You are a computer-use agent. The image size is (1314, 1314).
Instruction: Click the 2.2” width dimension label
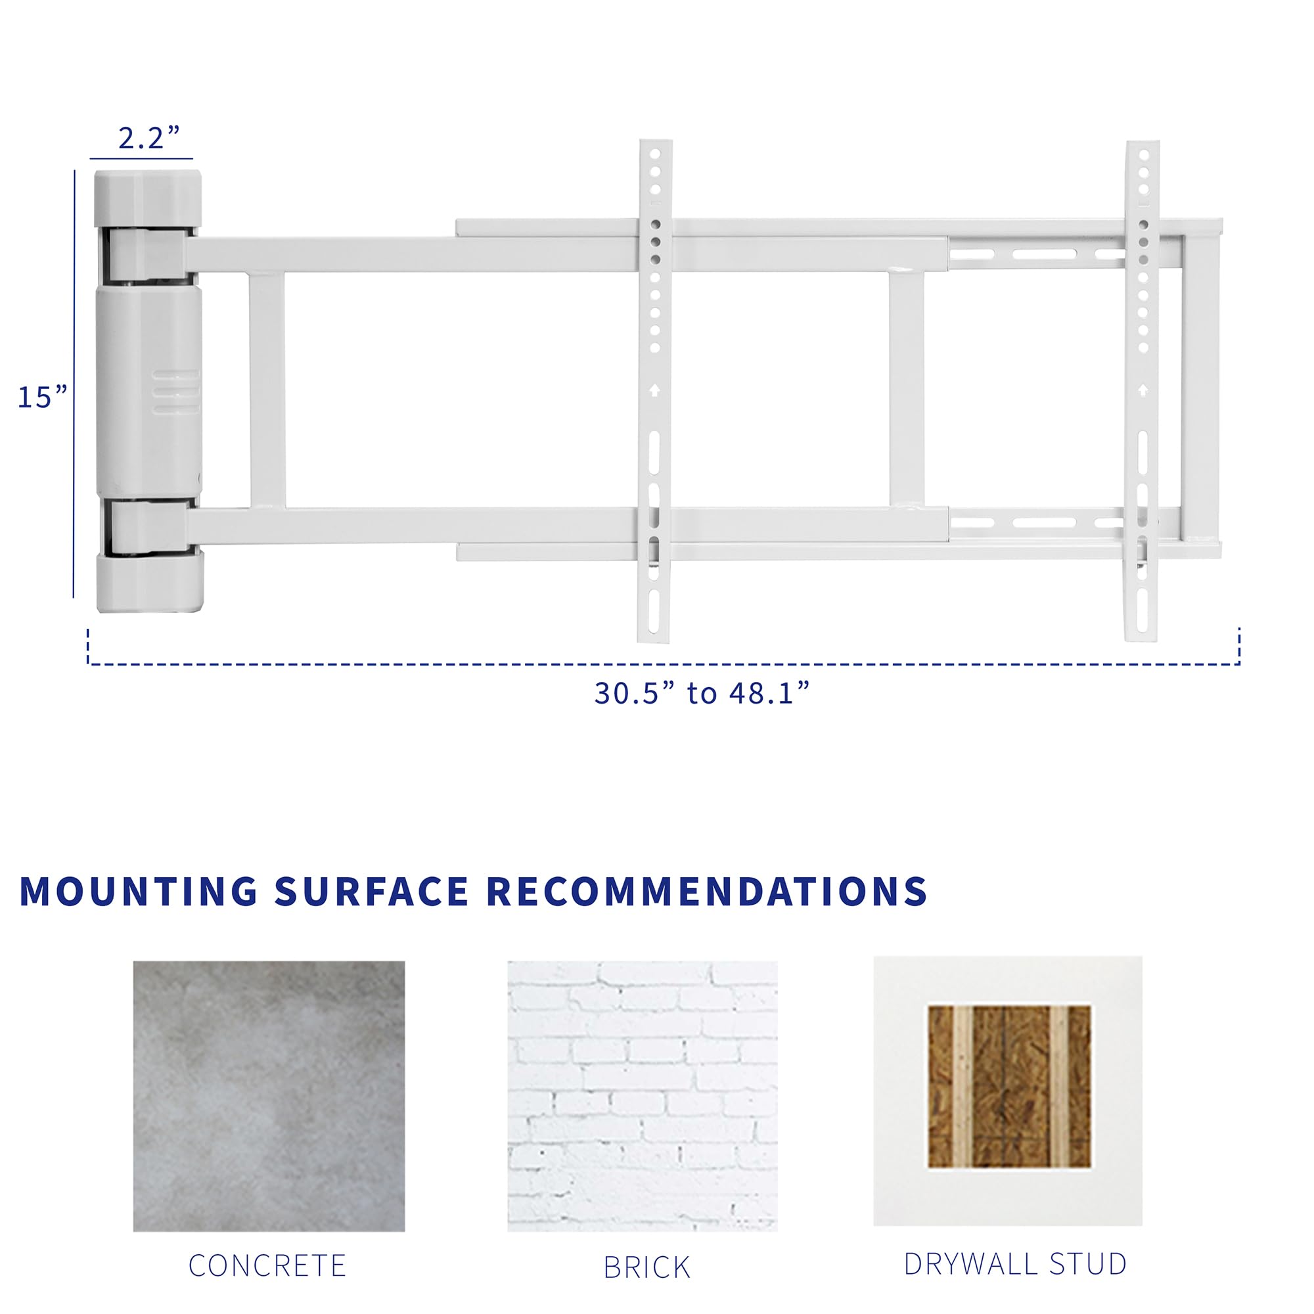[x=148, y=138]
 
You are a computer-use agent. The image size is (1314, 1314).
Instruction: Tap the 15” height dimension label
[x=42, y=397]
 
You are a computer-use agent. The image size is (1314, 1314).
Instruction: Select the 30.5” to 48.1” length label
[x=702, y=693]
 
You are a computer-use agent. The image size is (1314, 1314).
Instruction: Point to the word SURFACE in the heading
[x=371, y=892]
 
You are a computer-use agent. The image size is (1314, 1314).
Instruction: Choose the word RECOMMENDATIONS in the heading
[x=708, y=892]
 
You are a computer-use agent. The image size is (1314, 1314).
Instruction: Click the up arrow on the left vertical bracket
[x=654, y=390]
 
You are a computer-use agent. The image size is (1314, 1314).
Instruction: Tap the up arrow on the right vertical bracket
[x=1143, y=390]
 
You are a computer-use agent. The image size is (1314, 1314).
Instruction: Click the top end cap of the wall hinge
[x=148, y=198]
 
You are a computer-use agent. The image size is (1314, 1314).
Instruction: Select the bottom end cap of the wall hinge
[x=150, y=582]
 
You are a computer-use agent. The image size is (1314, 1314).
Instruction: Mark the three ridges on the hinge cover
[x=176, y=392]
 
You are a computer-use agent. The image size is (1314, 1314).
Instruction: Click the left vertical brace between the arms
[x=267, y=390]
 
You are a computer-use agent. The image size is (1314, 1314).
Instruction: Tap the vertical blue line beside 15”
[x=74, y=384]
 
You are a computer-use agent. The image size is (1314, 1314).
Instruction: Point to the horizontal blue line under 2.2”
[x=141, y=159]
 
